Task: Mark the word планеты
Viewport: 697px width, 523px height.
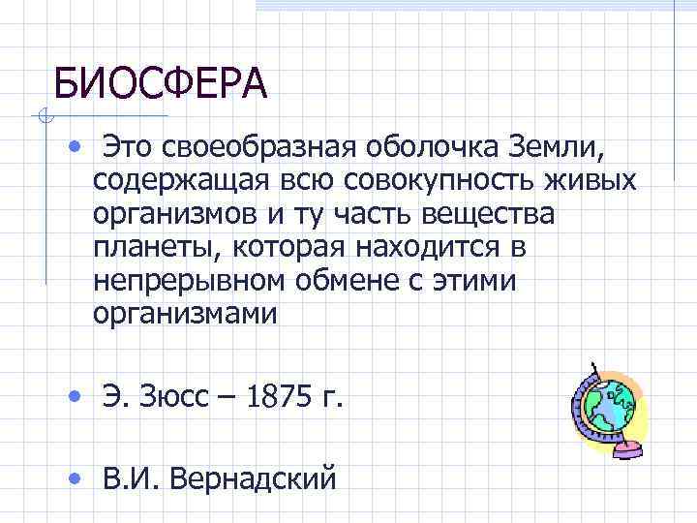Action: pyautogui.click(x=157, y=248)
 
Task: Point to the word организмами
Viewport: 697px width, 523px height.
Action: pyautogui.click(x=186, y=314)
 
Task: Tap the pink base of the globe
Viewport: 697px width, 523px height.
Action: pyautogui.click(x=624, y=448)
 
